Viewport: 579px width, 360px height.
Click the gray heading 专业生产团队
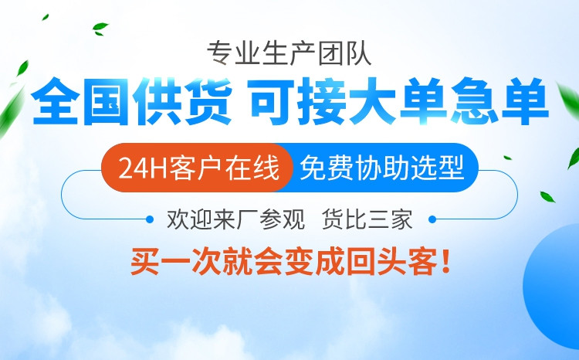[289, 54]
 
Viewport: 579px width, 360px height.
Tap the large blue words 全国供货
[132, 101]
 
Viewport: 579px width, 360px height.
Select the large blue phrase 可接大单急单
[400, 101]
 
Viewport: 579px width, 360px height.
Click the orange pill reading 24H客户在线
[196, 168]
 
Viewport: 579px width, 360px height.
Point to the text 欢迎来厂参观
[236, 219]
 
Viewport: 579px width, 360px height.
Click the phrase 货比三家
[367, 219]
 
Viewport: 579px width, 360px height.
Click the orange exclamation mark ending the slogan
[445, 262]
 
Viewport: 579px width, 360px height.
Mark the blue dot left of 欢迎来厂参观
[150, 219]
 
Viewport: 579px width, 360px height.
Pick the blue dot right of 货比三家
[432, 219]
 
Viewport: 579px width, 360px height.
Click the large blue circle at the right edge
[553, 285]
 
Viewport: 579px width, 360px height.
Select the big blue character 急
[474, 101]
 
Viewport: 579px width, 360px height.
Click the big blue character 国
[107, 101]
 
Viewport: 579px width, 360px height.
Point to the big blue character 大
[374, 101]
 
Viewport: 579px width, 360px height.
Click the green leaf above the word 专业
[100, 29]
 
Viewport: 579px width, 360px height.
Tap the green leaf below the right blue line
[547, 197]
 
